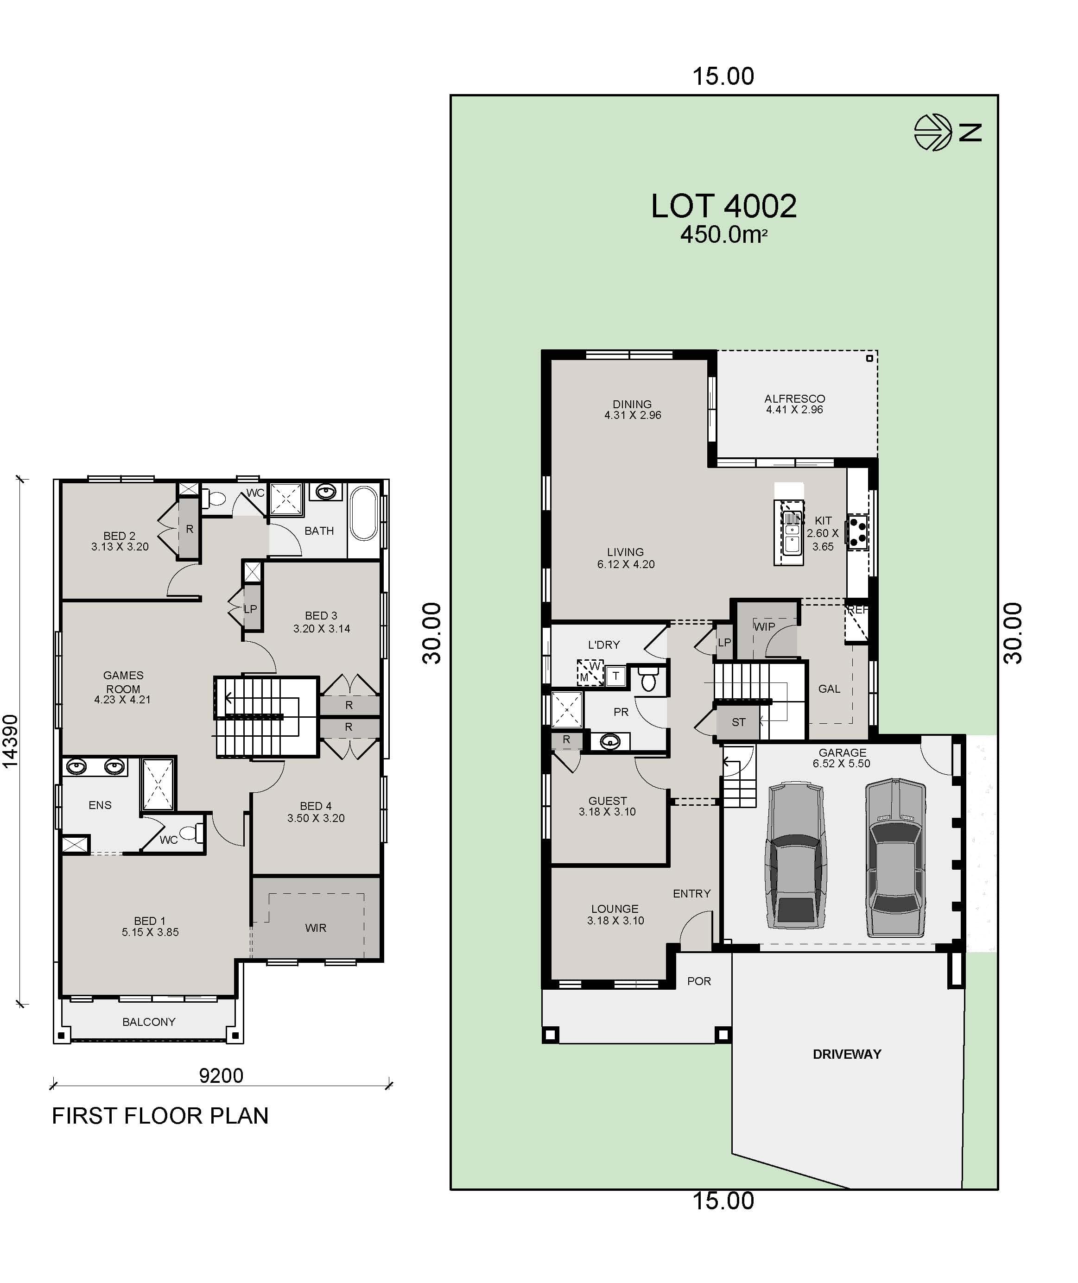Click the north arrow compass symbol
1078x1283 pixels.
(x=932, y=132)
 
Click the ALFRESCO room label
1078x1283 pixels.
(x=794, y=398)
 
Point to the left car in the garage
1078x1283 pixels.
(x=796, y=855)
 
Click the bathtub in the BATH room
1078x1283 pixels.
(x=364, y=513)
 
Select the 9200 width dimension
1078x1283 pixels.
(x=221, y=1075)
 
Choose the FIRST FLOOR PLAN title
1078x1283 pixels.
(x=160, y=1116)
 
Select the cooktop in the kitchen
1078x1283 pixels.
(x=857, y=531)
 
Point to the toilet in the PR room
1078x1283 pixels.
(x=648, y=679)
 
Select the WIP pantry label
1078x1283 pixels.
(x=764, y=626)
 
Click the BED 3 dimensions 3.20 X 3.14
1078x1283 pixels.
(x=322, y=629)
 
